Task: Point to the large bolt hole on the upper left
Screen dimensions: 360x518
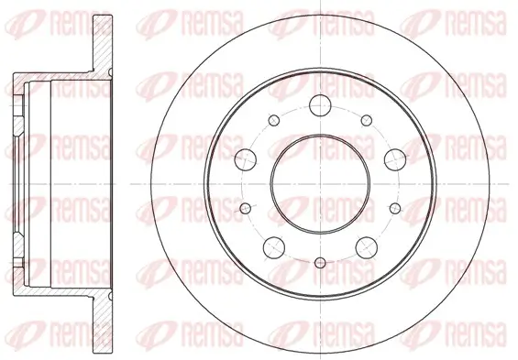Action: click(x=245, y=158)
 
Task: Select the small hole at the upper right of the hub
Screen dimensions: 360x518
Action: click(x=366, y=119)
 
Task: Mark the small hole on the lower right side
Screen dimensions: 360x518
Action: click(x=395, y=208)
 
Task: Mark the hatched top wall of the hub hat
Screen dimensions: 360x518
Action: click(x=55, y=80)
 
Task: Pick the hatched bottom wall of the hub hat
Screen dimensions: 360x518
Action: click(x=55, y=286)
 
